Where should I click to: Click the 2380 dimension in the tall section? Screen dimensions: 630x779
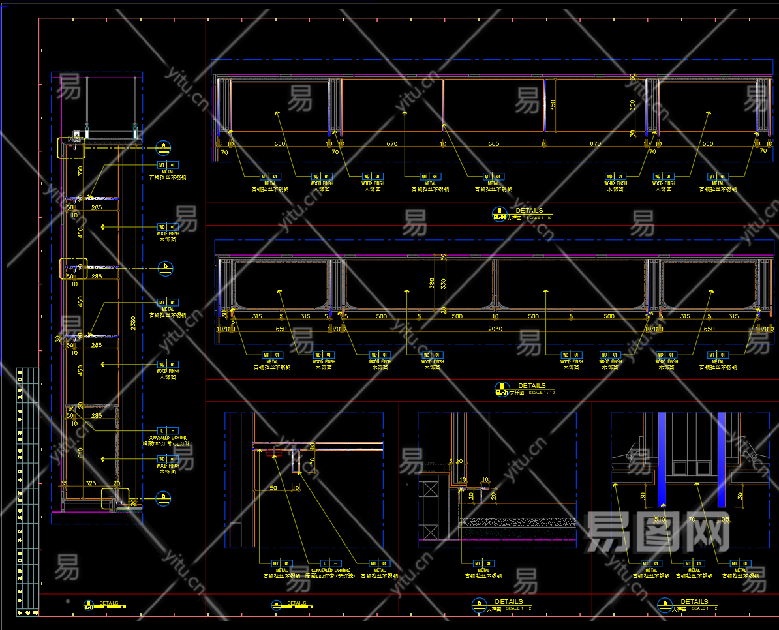(133, 323)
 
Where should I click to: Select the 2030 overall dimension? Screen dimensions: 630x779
(496, 329)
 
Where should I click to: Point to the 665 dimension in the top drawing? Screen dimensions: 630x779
(493, 143)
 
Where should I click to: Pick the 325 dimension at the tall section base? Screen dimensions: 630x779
(91, 484)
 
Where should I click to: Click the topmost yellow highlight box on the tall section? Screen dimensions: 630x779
(71, 148)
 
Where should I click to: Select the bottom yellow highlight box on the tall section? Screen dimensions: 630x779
(115, 499)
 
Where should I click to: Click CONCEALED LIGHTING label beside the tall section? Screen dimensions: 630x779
(168, 438)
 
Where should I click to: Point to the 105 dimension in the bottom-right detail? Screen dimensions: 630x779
(723, 520)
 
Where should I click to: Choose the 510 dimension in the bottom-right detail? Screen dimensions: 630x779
(660, 520)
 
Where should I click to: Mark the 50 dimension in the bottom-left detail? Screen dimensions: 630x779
(273, 488)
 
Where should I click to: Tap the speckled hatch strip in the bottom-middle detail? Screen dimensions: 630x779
(518, 522)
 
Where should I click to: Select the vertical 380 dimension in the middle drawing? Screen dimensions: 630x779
(432, 283)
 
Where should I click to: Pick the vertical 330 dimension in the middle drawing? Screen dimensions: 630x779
(444, 283)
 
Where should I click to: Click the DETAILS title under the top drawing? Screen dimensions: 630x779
(529, 211)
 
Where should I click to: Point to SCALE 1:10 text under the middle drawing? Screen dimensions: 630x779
(542, 393)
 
